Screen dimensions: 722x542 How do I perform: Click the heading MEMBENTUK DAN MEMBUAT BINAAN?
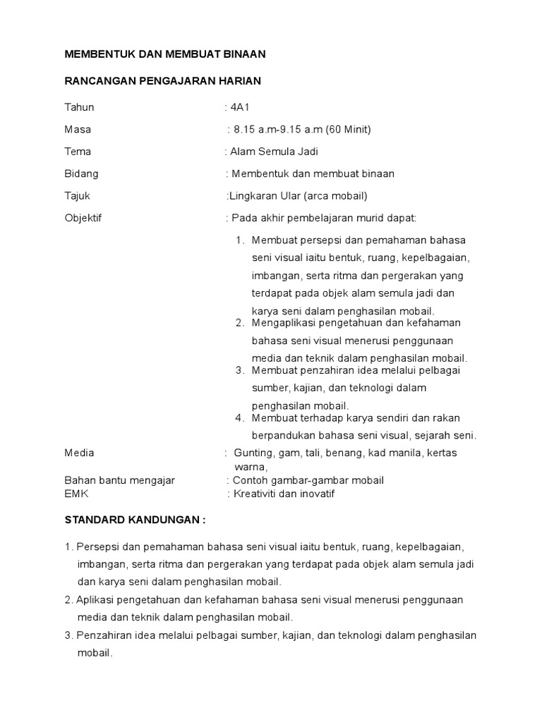click(165, 54)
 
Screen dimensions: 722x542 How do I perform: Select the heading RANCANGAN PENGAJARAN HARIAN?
click(163, 81)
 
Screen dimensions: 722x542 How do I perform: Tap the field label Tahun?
click(79, 107)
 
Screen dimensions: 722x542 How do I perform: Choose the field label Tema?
click(78, 151)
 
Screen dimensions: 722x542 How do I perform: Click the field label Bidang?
click(82, 173)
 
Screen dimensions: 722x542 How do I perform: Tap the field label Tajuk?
click(78, 195)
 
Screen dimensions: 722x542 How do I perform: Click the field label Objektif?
click(83, 217)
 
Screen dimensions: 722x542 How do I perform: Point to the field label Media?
click(79, 453)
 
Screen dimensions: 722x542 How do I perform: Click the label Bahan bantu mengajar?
click(119, 480)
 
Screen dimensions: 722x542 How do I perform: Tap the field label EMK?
click(76, 494)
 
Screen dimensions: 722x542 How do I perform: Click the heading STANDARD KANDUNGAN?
click(135, 520)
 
